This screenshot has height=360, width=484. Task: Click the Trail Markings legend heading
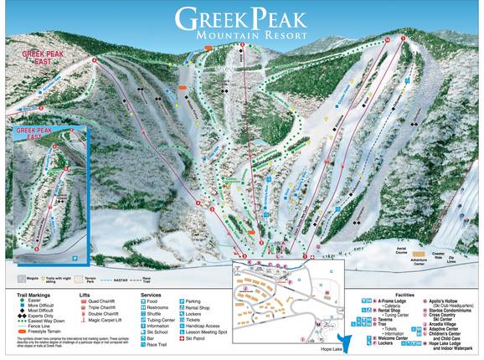point(27,295)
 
